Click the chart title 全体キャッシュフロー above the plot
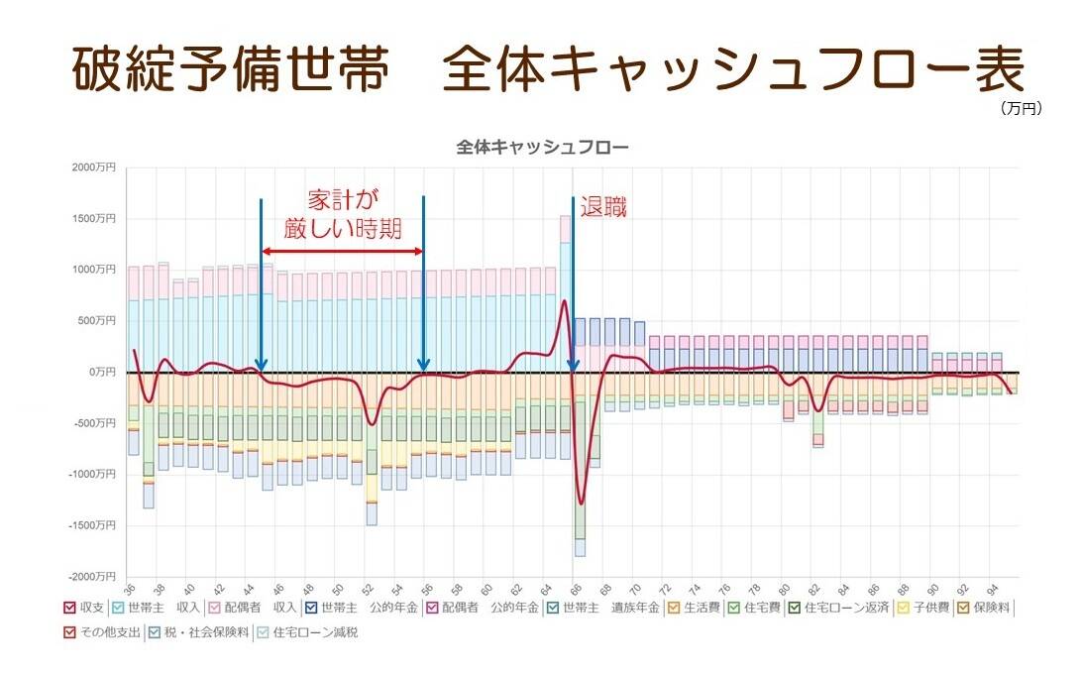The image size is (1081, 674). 542,147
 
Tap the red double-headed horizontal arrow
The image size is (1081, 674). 343,251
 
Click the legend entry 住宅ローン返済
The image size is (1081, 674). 841,608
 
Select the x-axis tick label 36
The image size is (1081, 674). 131,587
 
